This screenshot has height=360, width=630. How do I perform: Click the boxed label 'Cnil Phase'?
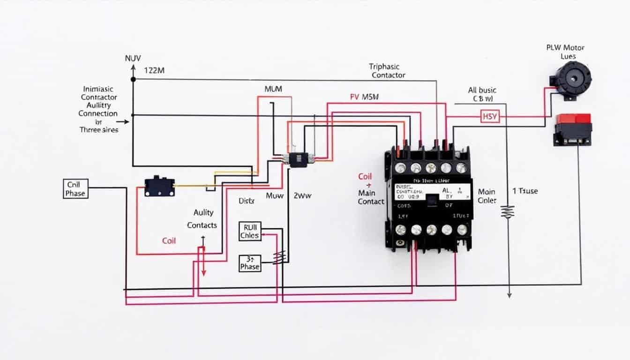point(75,188)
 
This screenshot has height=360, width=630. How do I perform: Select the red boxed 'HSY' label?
point(490,116)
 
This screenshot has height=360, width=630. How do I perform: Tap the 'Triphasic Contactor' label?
point(388,71)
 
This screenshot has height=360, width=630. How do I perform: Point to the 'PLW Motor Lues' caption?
point(566,52)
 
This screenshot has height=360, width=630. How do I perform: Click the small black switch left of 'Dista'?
point(159,186)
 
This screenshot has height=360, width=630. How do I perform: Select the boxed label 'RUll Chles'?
point(249,231)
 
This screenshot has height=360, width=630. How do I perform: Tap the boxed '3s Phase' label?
point(249,262)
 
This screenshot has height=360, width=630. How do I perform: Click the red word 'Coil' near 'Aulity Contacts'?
point(169,240)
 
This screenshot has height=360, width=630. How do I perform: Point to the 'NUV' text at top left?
point(133,59)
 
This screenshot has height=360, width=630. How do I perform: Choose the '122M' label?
point(155,70)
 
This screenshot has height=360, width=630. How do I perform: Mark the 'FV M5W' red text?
point(364,97)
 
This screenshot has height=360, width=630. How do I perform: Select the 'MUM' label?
point(273,89)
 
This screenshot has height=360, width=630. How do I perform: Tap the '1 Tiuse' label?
point(525,191)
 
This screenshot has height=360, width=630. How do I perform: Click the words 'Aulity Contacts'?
point(202,219)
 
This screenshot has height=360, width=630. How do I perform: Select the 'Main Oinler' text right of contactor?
point(487,196)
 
